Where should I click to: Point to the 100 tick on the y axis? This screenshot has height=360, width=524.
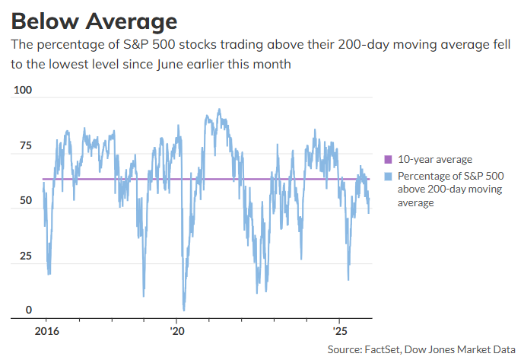[24, 91]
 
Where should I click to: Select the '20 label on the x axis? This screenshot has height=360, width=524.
[177, 333]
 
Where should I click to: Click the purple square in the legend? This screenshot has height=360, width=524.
[387, 160]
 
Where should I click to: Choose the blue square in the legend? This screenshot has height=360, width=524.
[387, 177]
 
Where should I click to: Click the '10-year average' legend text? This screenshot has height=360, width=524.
[434, 160]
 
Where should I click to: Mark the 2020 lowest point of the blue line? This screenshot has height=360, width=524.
[183, 310]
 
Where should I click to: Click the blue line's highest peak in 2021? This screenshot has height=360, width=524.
[219, 109]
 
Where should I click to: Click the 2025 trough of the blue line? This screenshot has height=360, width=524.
[348, 279]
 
